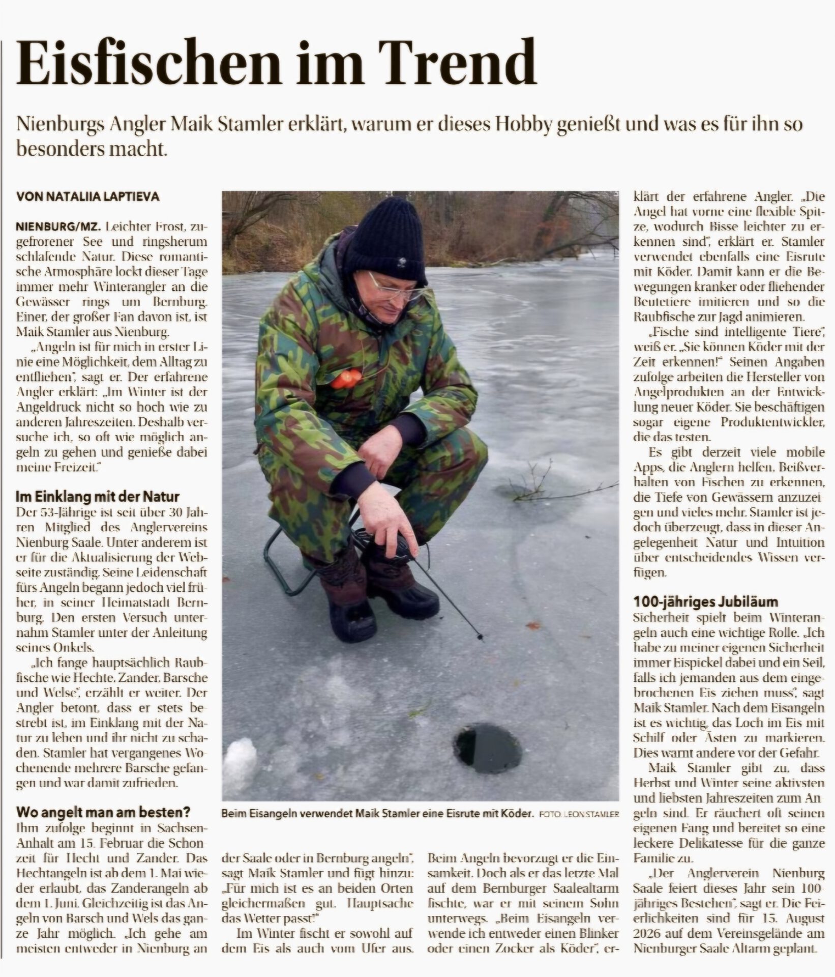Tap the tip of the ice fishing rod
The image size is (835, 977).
(480, 636)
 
